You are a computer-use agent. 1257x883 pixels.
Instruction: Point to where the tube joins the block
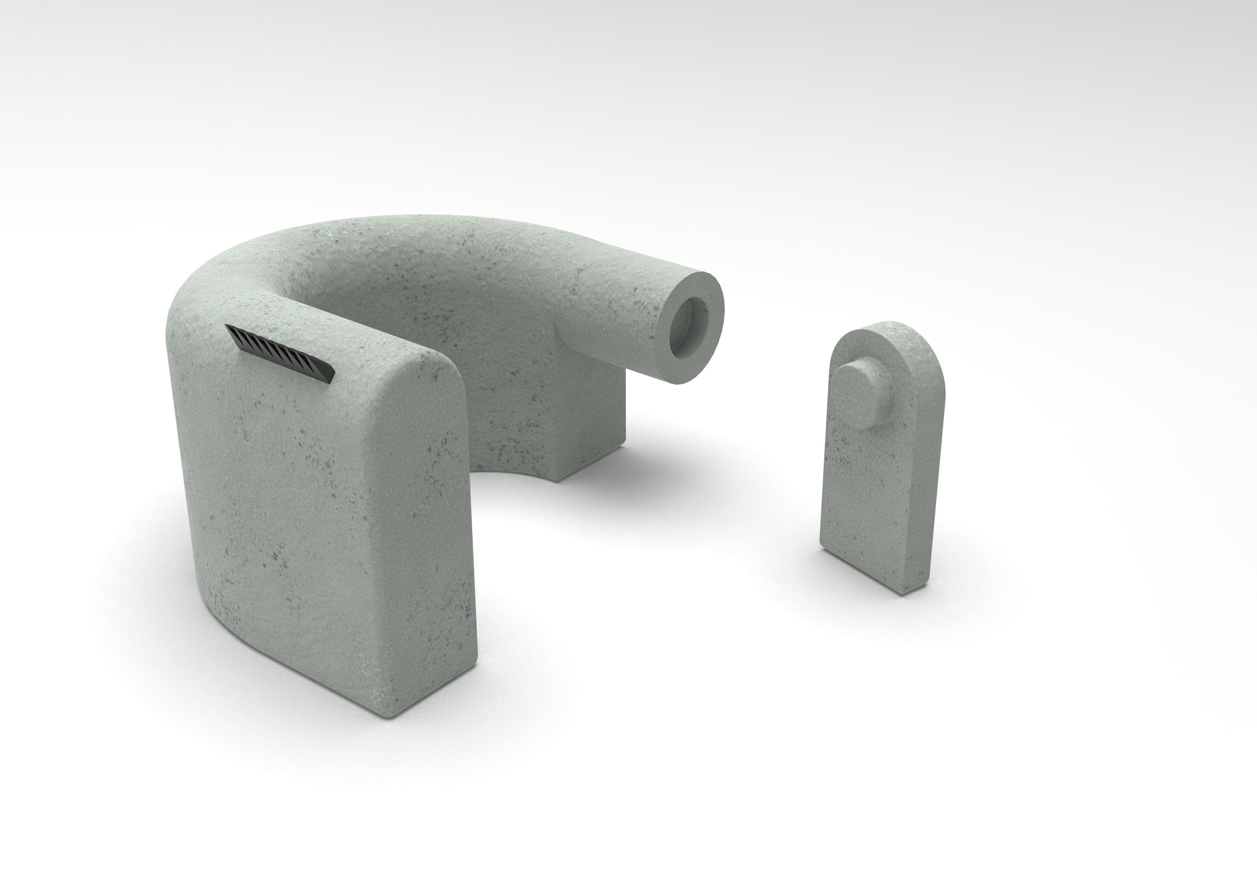575,328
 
